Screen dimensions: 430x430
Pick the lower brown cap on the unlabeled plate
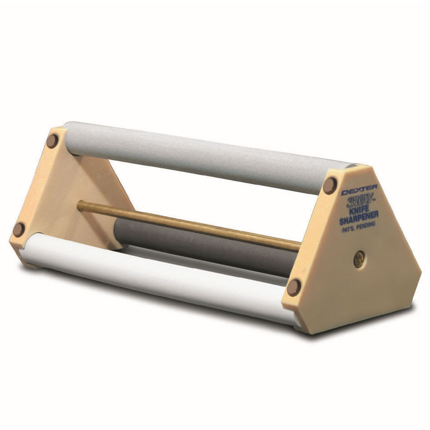click(x=19, y=229)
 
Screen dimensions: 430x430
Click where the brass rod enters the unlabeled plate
click(x=80, y=205)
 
